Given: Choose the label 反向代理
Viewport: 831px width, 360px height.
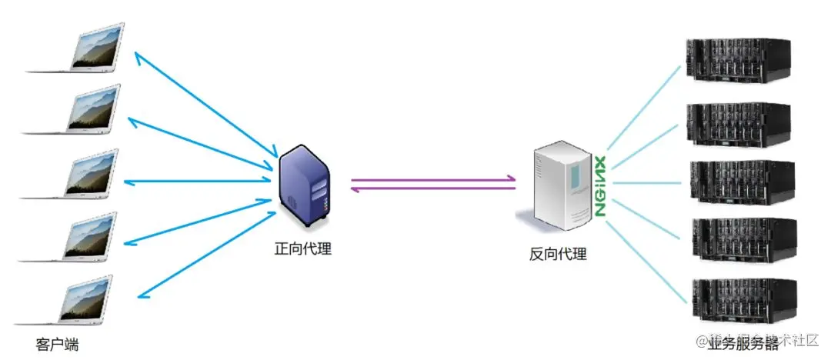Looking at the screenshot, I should (x=558, y=254).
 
